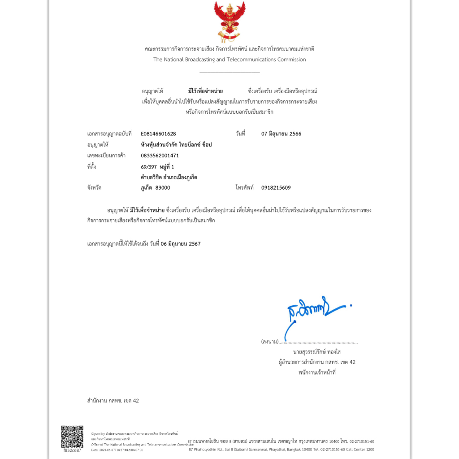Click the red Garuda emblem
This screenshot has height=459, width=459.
click(229, 21)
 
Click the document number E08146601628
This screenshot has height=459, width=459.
click(158, 134)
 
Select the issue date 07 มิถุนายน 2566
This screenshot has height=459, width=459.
click(281, 134)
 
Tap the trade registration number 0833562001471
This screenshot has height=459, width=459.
click(160, 156)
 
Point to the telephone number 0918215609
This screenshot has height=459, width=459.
click(276, 188)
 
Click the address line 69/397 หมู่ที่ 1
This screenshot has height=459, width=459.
click(157, 167)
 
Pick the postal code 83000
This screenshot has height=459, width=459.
click(163, 188)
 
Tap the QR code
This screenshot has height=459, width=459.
click(72, 436)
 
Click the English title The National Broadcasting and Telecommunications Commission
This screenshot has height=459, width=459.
click(229, 60)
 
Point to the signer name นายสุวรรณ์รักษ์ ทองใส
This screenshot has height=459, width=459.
click(316, 351)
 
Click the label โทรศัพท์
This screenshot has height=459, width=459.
click(245, 188)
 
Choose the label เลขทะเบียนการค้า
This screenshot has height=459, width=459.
click(106, 156)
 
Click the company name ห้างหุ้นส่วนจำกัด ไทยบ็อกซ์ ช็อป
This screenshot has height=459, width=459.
click(176, 145)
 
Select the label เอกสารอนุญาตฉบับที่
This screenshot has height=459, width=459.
click(109, 134)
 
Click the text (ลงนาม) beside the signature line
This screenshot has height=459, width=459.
click(269, 342)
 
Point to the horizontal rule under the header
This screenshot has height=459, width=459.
click(229, 72)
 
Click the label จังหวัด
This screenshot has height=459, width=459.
click(94, 188)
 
